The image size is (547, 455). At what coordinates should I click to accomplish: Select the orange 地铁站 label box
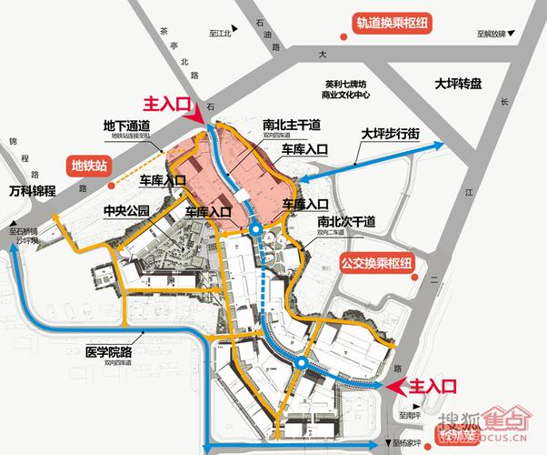point(89,167)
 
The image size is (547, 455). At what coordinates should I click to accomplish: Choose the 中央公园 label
point(126,212)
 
